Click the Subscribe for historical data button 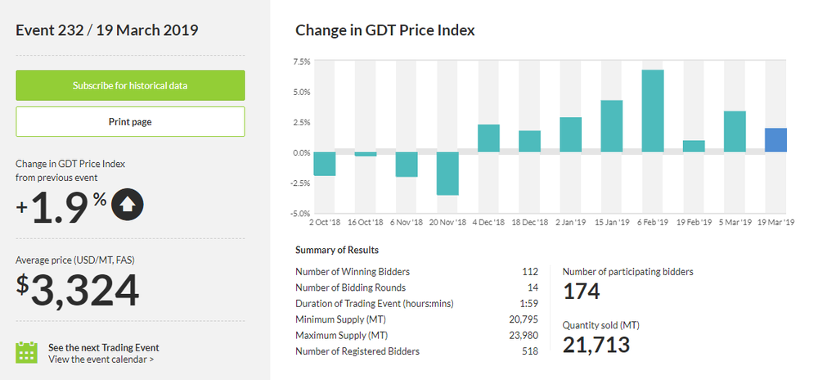pos(130,85)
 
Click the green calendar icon pos(27,352)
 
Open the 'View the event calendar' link pos(101,359)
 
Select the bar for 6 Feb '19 pos(653,111)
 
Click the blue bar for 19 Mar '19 pos(775,140)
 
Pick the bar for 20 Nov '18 pos(447,174)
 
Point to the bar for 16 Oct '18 pos(366,154)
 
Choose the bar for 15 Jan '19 pos(612,126)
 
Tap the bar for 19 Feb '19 pos(694,147)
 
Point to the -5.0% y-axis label pos(299,214)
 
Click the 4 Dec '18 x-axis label pos(488,223)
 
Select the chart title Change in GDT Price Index pos(384,31)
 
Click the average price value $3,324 pos(78,292)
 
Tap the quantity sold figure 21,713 pos(596,345)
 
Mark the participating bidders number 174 pos(582,291)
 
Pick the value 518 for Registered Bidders pos(530,351)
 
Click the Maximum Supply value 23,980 pos(524,336)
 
